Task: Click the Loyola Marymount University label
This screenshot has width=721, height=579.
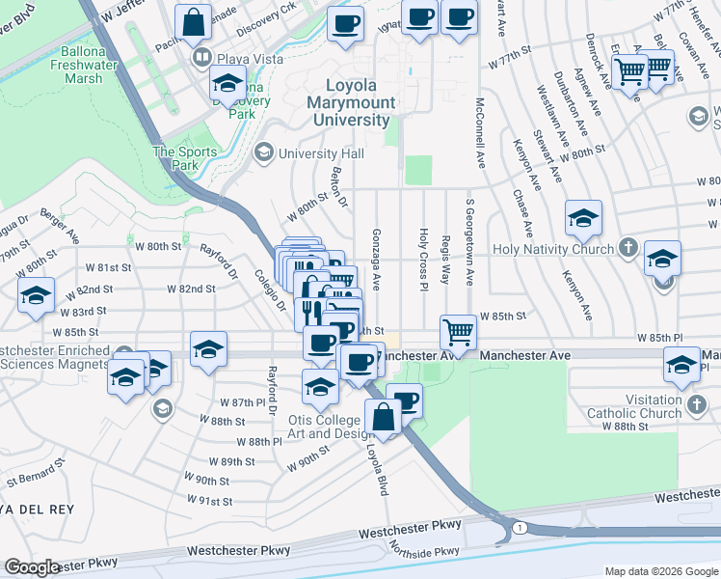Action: tap(350, 102)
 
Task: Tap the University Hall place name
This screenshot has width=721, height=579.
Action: tap(321, 153)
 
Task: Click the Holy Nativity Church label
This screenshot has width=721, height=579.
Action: tap(552, 249)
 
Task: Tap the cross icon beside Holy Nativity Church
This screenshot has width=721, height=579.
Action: tap(628, 248)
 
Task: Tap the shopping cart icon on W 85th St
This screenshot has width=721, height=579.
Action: tap(460, 333)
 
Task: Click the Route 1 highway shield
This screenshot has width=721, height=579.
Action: tap(521, 528)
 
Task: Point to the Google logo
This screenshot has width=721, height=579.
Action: tap(32, 567)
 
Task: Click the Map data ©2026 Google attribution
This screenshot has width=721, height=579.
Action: tap(660, 571)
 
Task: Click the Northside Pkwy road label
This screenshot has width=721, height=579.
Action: tap(425, 551)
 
